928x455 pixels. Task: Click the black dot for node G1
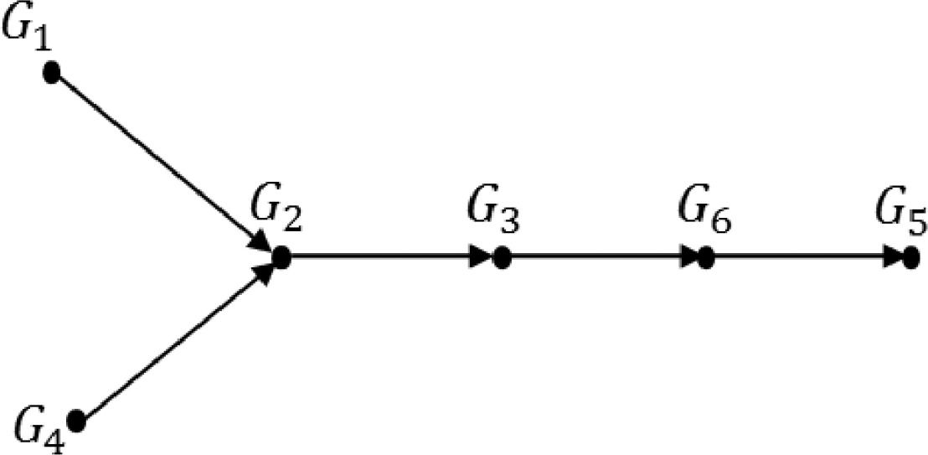[x=51, y=73]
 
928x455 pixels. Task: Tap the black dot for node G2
[x=282, y=259]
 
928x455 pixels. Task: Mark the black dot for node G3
[x=501, y=259]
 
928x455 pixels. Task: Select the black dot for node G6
[x=706, y=259]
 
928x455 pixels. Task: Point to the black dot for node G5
[x=910, y=259]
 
